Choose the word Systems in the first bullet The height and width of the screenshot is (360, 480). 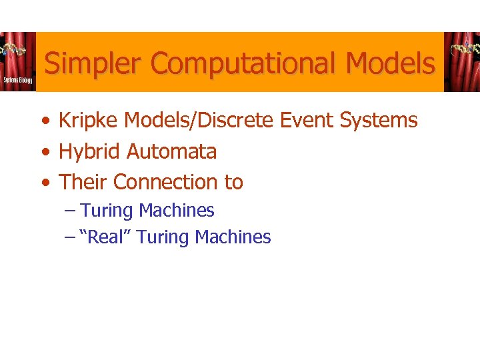coord(379,121)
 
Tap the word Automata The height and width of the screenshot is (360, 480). coord(171,152)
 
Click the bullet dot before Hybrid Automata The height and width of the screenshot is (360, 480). coord(43,153)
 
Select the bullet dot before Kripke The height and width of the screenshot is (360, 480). coord(43,121)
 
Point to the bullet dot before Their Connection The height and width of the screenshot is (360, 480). coord(43,183)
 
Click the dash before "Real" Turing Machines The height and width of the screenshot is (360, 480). coord(71,237)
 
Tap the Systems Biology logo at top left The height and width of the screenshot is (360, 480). coord(17,62)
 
